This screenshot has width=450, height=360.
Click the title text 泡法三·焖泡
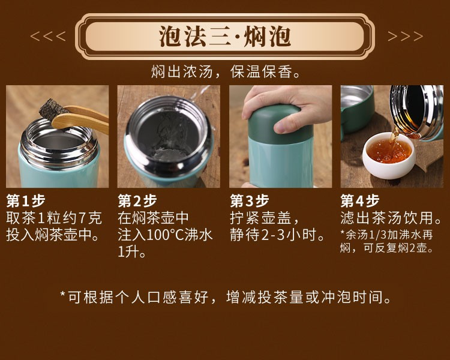point(225,37)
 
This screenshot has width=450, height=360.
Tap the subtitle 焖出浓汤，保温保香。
point(226,71)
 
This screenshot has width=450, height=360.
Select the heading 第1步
point(26,200)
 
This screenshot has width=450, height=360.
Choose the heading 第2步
point(137,200)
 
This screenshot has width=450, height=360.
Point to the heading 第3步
point(250,200)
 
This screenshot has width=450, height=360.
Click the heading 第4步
point(360,200)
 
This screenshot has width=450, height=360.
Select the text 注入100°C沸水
point(166,235)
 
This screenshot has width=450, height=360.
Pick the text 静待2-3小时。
point(278,235)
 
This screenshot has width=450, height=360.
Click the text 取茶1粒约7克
point(54,218)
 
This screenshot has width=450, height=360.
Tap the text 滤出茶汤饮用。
point(391,218)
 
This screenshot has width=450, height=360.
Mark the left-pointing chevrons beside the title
point(48,36)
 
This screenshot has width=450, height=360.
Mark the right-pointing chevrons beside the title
point(405,36)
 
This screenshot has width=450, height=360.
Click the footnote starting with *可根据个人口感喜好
point(226,297)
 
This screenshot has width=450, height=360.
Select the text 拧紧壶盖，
point(265,218)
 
